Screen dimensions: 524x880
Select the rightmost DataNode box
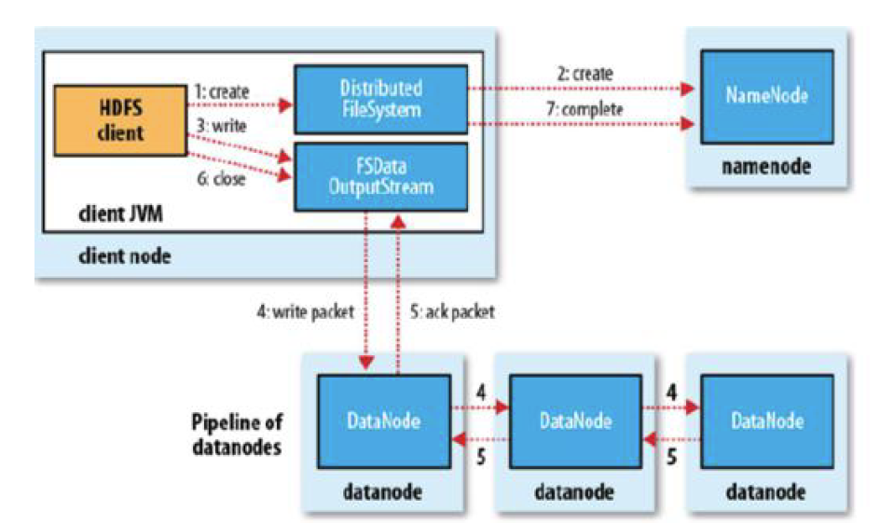pos(767,421)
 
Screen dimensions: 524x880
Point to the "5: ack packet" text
pos(451,311)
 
